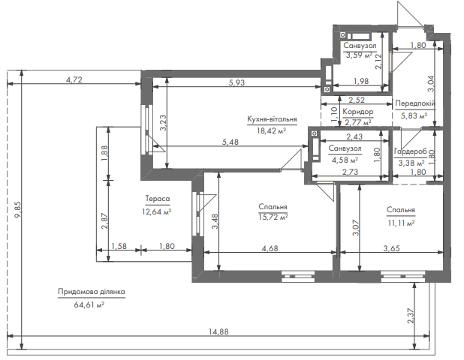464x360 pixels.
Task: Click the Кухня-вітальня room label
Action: click(x=272, y=119)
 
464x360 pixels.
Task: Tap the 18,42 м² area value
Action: click(x=271, y=130)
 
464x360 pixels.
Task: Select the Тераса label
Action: click(x=158, y=199)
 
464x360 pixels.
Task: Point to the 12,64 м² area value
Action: click(x=157, y=211)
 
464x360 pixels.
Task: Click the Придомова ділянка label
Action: click(x=92, y=292)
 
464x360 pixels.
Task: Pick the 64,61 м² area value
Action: click(x=89, y=304)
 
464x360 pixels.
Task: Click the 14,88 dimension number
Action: click(x=218, y=331)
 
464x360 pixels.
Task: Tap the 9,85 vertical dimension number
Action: click(x=18, y=209)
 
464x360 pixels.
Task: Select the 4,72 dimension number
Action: click(x=74, y=79)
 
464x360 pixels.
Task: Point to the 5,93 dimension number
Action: click(x=237, y=82)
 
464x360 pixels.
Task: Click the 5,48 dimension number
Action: click(x=230, y=142)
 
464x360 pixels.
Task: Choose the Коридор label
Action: click(x=358, y=112)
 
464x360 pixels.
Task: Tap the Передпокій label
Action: click(x=415, y=103)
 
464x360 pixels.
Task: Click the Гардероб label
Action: click(x=411, y=151)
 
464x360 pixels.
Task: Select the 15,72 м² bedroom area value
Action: click(x=273, y=217)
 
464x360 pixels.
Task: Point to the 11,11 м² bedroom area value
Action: click(x=401, y=223)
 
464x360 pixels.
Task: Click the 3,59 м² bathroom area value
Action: click(x=359, y=55)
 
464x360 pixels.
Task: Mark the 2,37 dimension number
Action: click(x=411, y=316)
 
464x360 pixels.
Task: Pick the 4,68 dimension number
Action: click(x=270, y=248)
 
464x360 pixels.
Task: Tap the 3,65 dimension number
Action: click(x=391, y=248)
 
